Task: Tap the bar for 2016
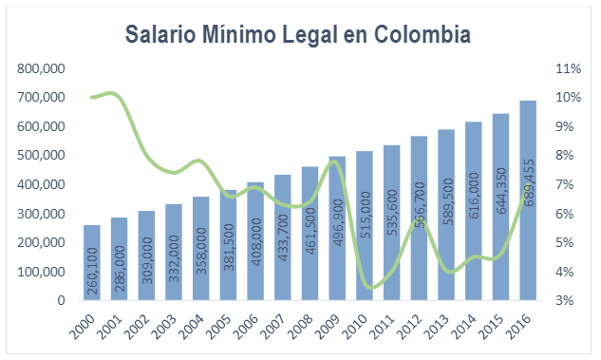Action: click(x=529, y=200)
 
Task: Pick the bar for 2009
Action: click(x=337, y=228)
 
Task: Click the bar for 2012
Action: click(x=419, y=218)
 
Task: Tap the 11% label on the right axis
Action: click(x=568, y=68)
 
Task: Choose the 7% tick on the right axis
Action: click(x=568, y=184)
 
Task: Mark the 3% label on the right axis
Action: click(x=568, y=301)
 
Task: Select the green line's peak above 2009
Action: click(x=335, y=161)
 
